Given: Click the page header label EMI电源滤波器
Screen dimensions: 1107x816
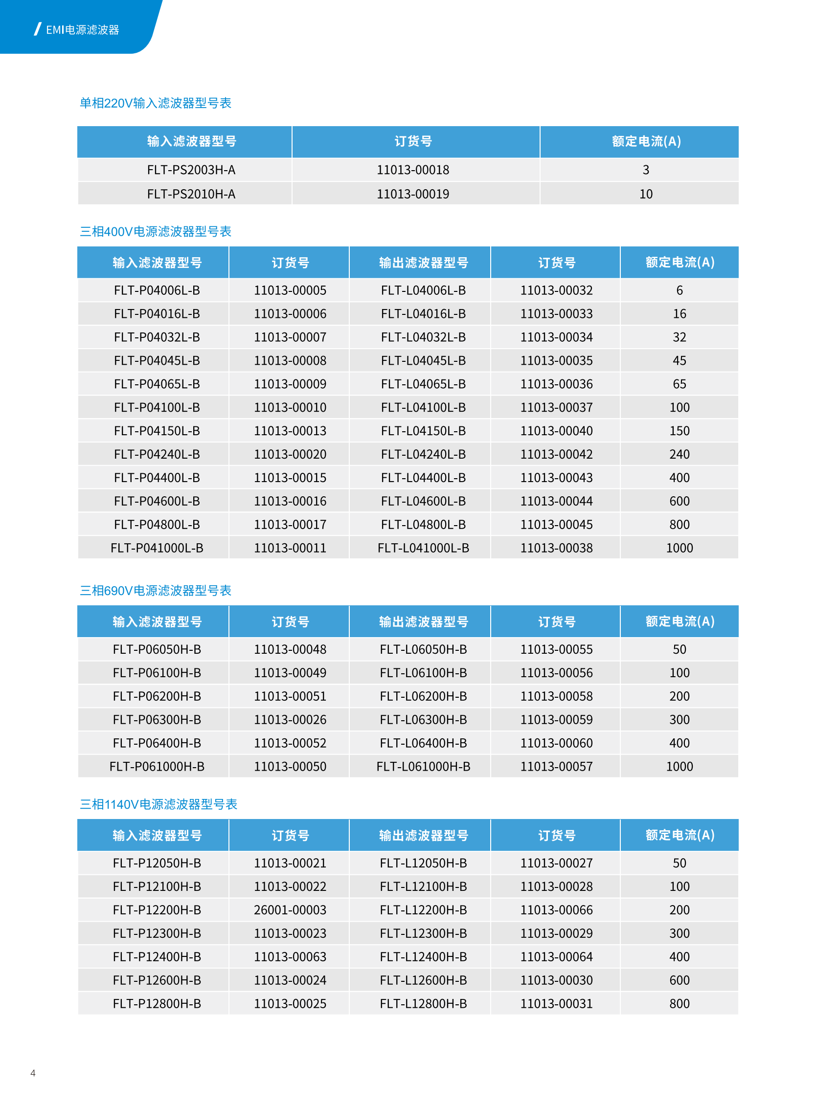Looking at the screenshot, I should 82,30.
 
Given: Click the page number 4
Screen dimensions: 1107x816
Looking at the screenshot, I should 33,1072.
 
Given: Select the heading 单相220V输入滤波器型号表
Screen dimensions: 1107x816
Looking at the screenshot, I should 156,103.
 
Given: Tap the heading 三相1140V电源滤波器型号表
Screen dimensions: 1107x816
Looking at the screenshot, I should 159,804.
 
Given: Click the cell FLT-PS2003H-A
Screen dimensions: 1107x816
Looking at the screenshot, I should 191,170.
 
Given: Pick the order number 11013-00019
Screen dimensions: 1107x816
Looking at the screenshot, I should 413,194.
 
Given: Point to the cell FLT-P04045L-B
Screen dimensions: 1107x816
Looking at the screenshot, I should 157,360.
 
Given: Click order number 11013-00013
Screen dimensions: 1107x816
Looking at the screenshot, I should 290,431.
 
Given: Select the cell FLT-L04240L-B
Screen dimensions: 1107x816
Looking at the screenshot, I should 423,454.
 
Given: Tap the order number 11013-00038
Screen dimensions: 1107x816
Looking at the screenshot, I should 556,548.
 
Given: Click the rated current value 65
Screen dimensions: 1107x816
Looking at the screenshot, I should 679,384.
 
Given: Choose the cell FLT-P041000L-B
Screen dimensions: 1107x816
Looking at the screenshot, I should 157,548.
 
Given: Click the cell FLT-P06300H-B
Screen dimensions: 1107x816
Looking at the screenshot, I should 157,719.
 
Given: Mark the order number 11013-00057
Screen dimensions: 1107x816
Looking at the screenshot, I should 556,766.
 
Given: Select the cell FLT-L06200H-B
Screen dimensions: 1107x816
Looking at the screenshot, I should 423,696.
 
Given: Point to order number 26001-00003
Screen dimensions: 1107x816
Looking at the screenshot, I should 290,909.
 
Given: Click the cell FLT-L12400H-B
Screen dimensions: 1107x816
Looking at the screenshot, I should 423,956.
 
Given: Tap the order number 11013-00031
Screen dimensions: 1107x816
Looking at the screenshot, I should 556,1003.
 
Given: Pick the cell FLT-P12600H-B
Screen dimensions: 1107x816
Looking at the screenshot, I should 157,980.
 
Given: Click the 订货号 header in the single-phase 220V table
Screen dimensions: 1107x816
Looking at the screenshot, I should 413,141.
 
